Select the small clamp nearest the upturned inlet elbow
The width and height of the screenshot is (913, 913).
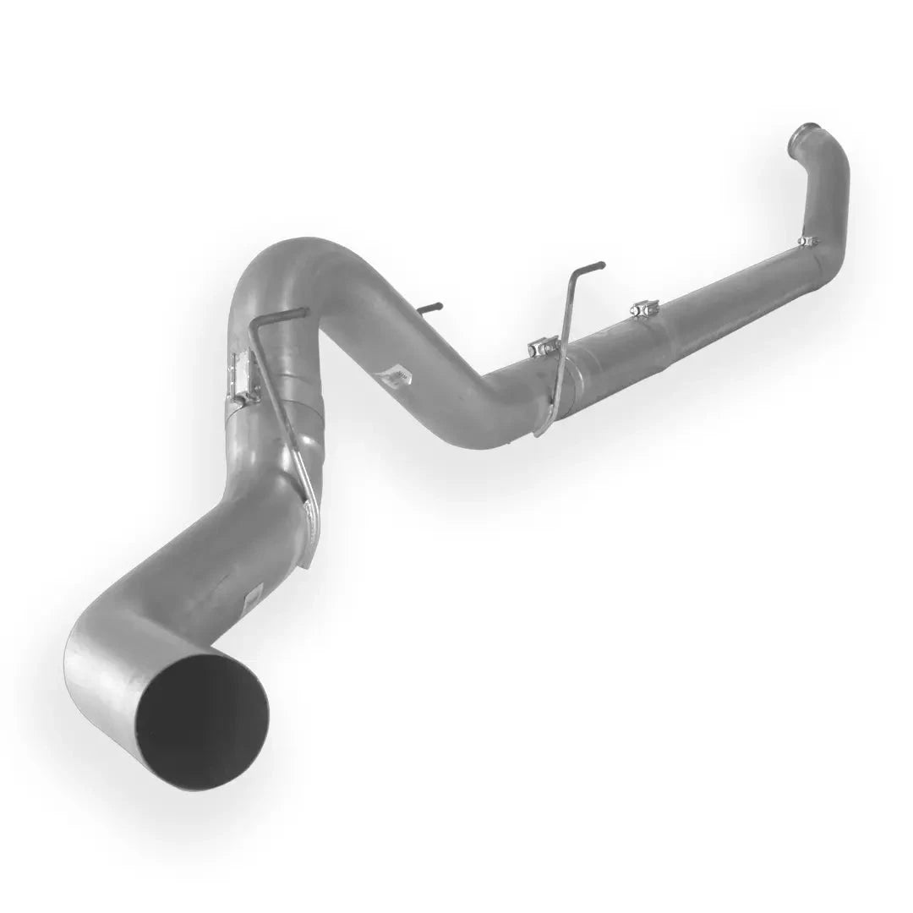[x=808, y=242]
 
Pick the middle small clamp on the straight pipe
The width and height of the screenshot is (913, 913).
[x=644, y=309]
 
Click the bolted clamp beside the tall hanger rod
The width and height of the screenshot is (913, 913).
[x=544, y=346]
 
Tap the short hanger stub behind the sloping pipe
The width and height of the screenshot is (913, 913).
[x=429, y=308]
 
